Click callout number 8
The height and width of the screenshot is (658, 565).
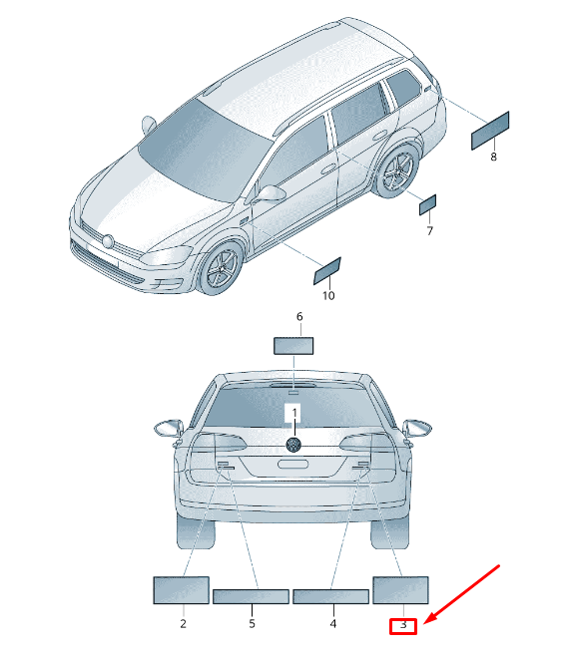493,157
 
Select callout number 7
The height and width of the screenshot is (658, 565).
429,231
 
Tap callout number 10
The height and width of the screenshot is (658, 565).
328,296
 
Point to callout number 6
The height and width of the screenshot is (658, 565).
299,316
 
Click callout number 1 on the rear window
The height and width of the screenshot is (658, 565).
294,413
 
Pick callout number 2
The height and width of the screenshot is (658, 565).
183,623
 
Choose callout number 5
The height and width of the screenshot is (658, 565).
252,623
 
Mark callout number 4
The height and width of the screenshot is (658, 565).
333,623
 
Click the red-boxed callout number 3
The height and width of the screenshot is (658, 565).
403,625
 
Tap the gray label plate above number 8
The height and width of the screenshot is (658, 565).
490,131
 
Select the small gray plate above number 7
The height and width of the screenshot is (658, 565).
427,204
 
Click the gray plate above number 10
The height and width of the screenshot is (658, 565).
327,271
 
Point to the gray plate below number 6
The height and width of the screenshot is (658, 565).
293,346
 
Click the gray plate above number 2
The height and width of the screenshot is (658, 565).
181,590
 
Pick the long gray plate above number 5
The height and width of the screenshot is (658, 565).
251,596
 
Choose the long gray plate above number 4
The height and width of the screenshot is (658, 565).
331,596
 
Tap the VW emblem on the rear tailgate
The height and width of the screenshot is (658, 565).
293,445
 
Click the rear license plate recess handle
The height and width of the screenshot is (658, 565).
293,465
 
